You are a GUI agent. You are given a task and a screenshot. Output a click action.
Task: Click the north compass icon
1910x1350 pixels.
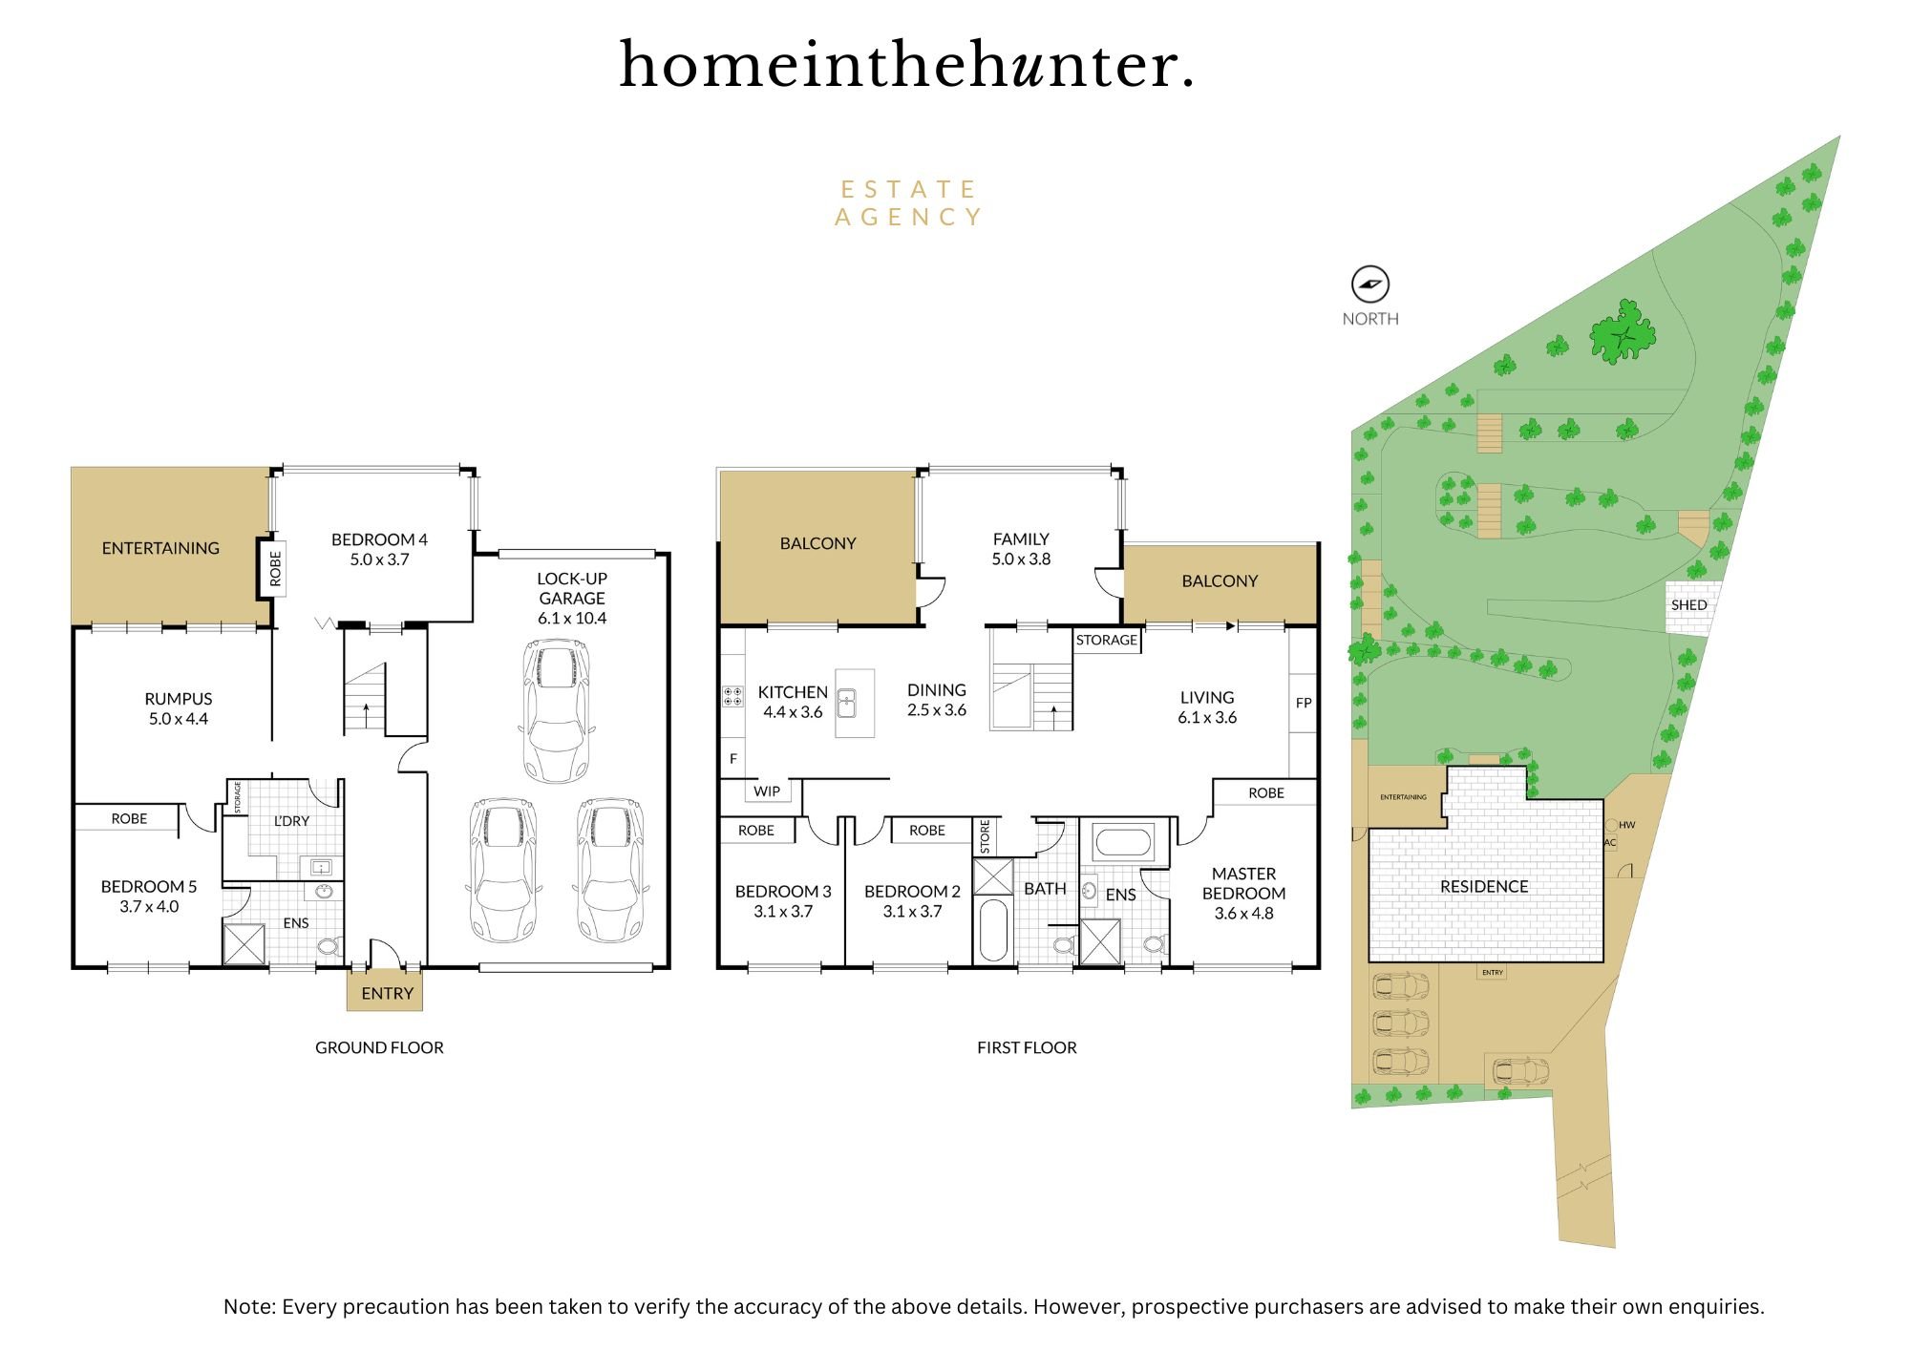click(x=1369, y=285)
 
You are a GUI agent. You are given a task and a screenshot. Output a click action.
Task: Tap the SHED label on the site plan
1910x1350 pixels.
click(x=1688, y=604)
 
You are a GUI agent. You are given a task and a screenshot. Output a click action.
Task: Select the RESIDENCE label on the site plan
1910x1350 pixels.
click(x=1484, y=886)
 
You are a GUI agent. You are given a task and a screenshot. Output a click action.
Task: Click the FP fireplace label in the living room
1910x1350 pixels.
click(x=1304, y=703)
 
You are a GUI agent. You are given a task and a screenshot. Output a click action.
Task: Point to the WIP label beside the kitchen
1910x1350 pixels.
click(x=767, y=791)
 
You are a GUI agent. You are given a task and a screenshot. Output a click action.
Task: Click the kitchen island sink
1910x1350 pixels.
click(x=846, y=704)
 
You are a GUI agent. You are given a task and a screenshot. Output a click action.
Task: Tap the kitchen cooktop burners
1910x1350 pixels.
click(x=732, y=696)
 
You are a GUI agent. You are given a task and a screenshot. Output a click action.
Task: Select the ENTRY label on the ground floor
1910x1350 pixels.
click(x=387, y=993)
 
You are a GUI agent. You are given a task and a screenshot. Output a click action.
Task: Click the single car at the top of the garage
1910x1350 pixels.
click(x=556, y=710)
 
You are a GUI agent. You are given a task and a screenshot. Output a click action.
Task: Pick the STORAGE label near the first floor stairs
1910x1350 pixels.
click(x=1107, y=640)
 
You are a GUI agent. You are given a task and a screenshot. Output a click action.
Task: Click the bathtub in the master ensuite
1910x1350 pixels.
click(x=1123, y=842)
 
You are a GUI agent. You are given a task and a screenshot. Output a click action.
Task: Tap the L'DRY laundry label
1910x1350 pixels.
click(x=291, y=820)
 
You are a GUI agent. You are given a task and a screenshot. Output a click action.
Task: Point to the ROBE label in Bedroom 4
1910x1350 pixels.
click(x=275, y=568)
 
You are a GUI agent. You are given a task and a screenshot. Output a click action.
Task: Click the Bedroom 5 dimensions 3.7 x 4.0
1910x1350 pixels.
click(x=149, y=906)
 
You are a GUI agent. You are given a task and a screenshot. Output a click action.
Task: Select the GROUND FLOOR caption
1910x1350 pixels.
click(x=379, y=1047)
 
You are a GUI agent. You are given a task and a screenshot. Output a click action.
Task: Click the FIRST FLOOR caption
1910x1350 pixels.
click(x=1027, y=1047)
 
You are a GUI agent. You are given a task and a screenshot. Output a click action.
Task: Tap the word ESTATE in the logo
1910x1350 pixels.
click(x=908, y=189)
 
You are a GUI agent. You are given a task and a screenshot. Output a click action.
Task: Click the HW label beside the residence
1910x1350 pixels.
click(x=1627, y=825)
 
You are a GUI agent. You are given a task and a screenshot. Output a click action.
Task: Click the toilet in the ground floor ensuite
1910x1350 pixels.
click(x=328, y=946)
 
